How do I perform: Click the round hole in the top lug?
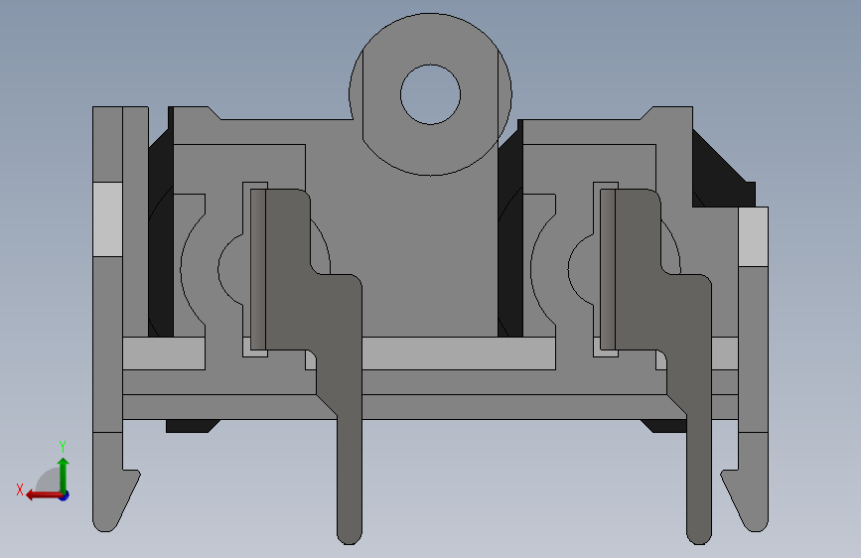(x=431, y=94)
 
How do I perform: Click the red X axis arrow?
(x=44, y=495)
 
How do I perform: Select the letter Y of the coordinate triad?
(x=63, y=447)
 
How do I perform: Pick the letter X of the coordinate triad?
(x=20, y=489)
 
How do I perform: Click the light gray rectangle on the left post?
(x=107, y=219)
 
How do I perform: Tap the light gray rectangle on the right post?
(x=753, y=236)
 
